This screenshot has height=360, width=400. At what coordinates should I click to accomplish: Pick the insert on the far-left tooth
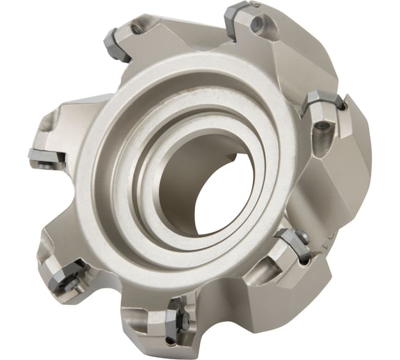click(39, 154)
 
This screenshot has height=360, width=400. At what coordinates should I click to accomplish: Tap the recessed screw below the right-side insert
click(321, 130)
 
